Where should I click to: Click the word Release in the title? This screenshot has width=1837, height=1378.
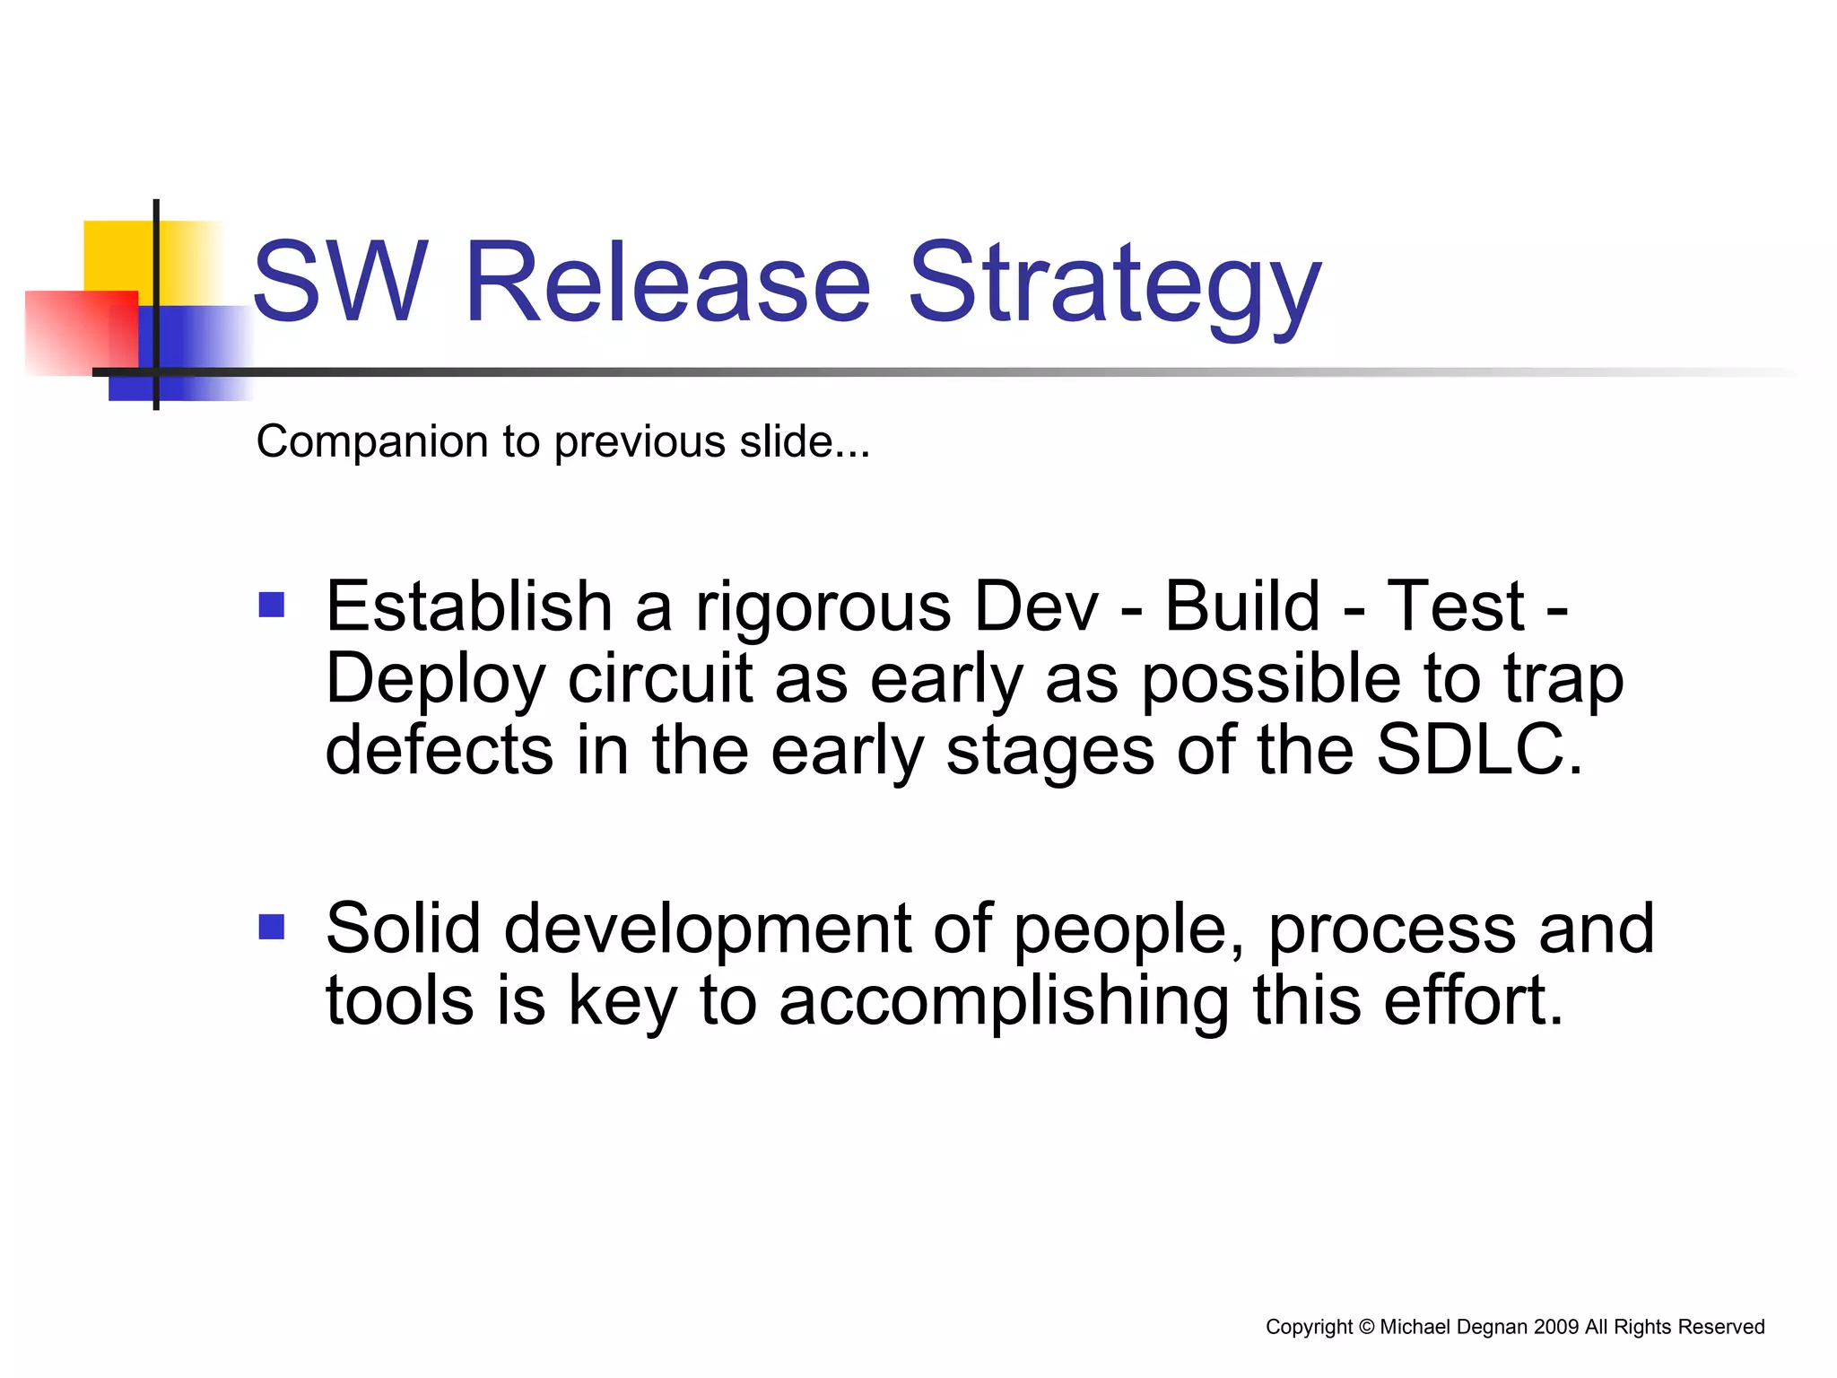[667, 282]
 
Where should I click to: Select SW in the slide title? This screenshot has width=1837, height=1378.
[338, 282]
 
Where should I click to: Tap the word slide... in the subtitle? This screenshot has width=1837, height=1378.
[804, 441]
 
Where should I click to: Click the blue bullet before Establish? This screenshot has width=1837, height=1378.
[271, 605]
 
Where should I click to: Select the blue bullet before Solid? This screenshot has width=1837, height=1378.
[271, 926]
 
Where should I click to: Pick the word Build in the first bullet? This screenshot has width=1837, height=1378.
[1242, 606]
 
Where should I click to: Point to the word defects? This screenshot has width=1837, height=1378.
[439, 750]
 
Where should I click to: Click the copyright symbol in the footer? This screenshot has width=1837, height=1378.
[1366, 1327]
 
